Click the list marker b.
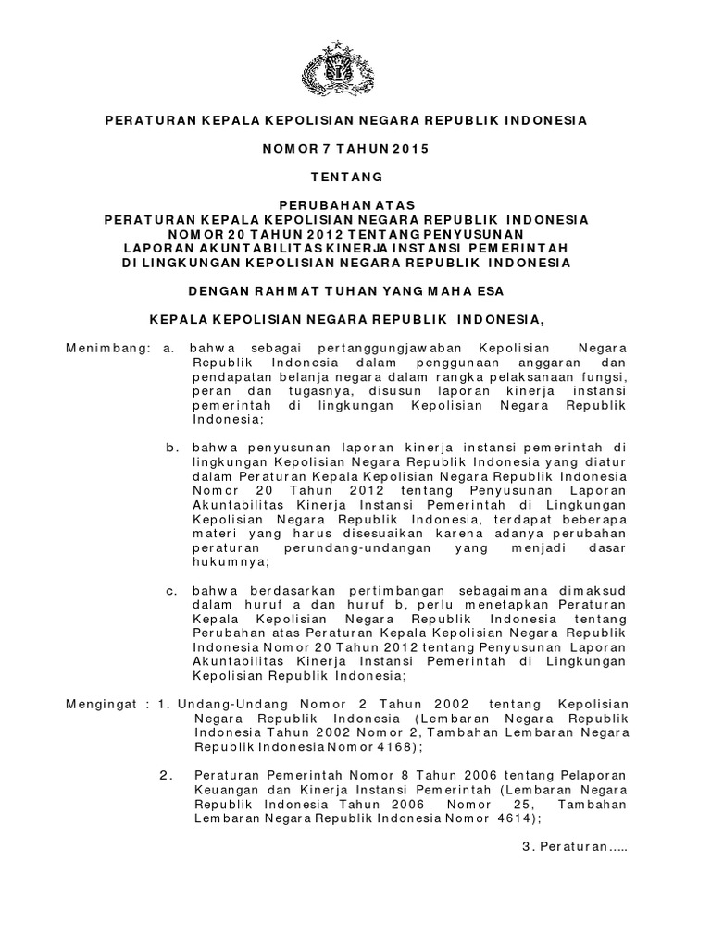(171, 448)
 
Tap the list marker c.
(171, 590)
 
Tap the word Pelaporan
(590, 775)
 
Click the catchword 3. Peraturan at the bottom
(574, 847)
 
